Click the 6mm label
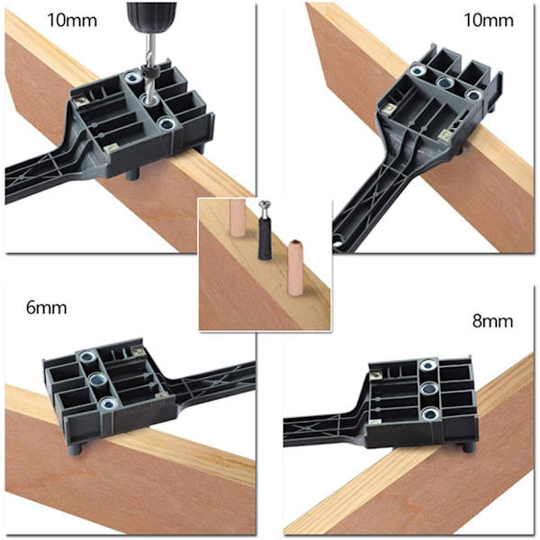46,308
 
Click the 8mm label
493,321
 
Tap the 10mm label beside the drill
72,20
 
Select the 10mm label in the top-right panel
489,20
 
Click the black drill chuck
151,16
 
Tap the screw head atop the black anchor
264,205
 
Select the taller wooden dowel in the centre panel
238,218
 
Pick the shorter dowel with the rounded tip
295,267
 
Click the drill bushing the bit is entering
149,100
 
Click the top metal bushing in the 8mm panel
427,365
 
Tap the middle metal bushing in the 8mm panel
428,390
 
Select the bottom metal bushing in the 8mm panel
430,414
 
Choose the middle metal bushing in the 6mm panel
97,380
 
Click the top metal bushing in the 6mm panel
87,356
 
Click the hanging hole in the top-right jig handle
339,239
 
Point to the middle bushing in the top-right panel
445,82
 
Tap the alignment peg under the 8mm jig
467,448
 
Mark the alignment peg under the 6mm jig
76,450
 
